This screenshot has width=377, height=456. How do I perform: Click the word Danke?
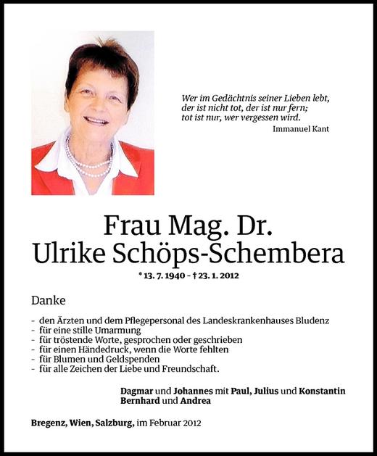point(47,299)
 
